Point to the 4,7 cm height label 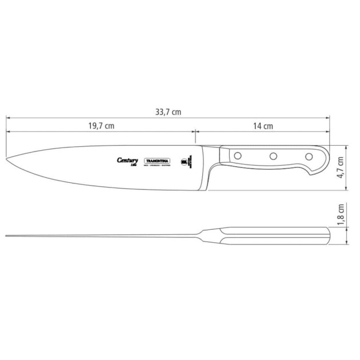pos(341,167)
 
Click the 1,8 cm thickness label pos(341,215)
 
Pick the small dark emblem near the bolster pos(185,163)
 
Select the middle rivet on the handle pos(273,155)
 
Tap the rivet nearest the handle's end pos(309,156)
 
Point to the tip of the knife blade pos(7,159)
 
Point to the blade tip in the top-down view pos(6,235)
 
